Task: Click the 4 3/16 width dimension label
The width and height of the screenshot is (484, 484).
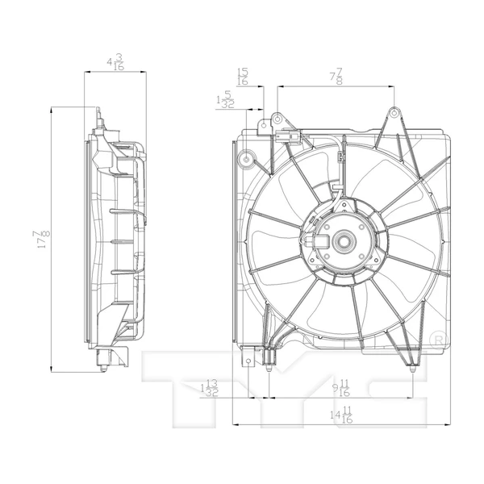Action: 115,63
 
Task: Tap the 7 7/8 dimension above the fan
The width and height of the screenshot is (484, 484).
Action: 335,77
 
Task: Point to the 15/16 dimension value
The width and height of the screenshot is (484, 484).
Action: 242,76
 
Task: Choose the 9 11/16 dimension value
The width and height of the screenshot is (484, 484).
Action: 340,388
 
